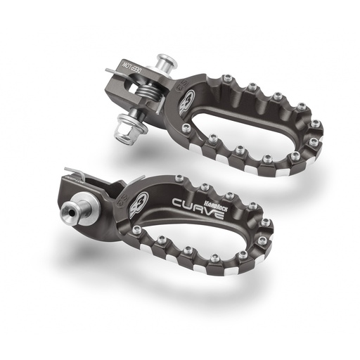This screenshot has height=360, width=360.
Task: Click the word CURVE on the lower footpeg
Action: [x=199, y=208]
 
